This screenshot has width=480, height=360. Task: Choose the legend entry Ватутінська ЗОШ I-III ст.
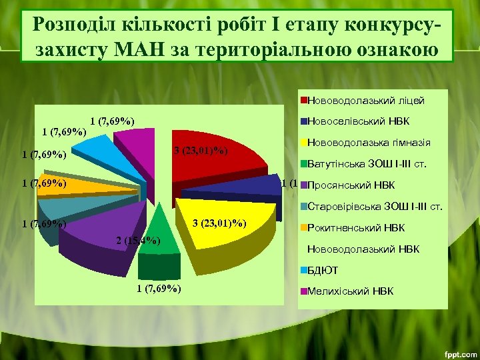pyautogui.click(x=367, y=163)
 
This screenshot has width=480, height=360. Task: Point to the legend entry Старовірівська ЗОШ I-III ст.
pyautogui.click(x=374, y=206)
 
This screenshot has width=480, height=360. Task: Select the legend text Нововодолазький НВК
pyautogui.click(x=363, y=249)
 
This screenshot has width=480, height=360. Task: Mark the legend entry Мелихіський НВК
pyautogui.click(x=351, y=291)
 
